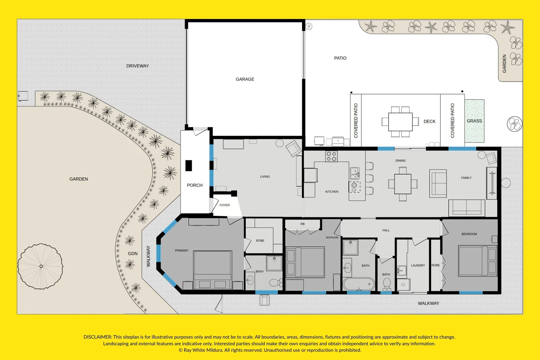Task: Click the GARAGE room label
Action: (x=245, y=79)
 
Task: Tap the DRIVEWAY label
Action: (x=137, y=66)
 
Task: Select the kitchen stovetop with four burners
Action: (x=331, y=156)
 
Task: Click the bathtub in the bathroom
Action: (x=359, y=284)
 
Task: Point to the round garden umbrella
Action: (x=40, y=266)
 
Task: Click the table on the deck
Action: (x=400, y=122)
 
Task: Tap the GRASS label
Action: (x=474, y=121)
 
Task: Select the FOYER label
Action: (x=224, y=205)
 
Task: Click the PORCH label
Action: (x=195, y=185)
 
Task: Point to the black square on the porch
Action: (x=189, y=166)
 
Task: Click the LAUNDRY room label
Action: (x=418, y=265)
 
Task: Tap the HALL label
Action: (x=386, y=230)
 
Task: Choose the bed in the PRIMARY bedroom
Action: (x=212, y=270)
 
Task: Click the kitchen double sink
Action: (x=355, y=173)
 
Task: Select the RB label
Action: (x=302, y=224)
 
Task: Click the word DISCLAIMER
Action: (x=98, y=337)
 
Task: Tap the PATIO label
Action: (x=340, y=58)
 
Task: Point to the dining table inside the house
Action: (x=403, y=184)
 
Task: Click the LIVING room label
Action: (x=265, y=177)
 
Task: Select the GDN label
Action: (x=133, y=253)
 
